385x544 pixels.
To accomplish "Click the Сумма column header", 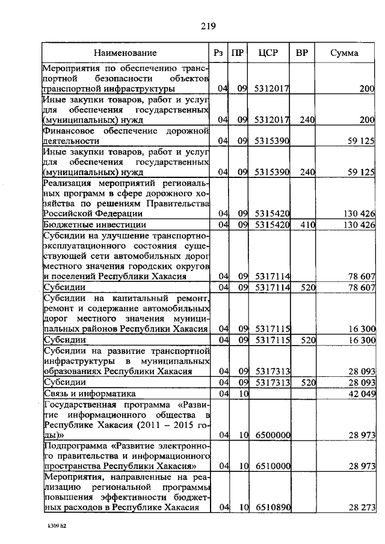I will [344, 53].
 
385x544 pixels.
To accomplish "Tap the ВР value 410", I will [307, 225].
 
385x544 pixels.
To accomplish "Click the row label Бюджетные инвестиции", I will [83, 225].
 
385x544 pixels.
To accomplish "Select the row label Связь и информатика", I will [89, 394].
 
